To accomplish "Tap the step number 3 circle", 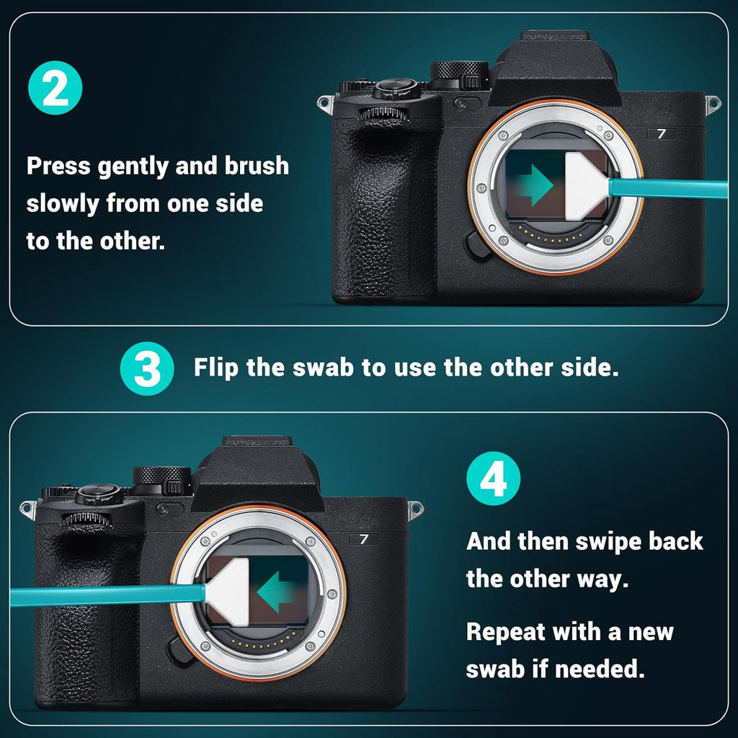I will (147, 368).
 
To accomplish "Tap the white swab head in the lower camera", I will (228, 591).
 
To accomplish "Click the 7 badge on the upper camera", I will (661, 133).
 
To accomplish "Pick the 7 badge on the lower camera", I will (364, 538).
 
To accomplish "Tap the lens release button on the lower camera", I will (179, 648).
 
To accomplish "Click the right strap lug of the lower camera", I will (415, 511).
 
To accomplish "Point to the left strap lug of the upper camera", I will (326, 103).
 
